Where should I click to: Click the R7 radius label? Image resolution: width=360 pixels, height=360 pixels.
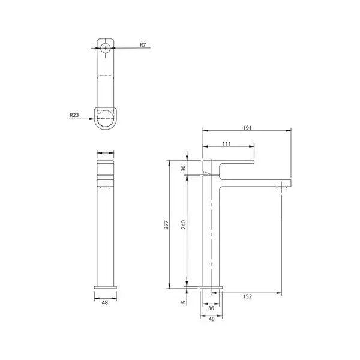point(143,45)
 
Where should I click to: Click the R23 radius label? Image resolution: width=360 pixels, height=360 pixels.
point(74,115)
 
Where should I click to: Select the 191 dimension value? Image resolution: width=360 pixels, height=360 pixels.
point(247,128)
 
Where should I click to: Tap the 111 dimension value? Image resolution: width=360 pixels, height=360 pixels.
point(227,144)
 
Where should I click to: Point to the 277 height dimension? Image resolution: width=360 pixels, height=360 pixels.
point(166,225)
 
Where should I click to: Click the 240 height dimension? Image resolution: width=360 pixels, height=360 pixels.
point(184,225)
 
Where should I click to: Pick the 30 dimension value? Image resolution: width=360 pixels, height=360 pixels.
point(184,168)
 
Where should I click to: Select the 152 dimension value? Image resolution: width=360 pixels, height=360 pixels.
point(247,296)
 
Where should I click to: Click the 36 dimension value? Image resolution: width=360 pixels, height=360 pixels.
point(211,308)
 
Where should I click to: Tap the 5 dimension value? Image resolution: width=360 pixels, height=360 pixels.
point(184,302)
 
